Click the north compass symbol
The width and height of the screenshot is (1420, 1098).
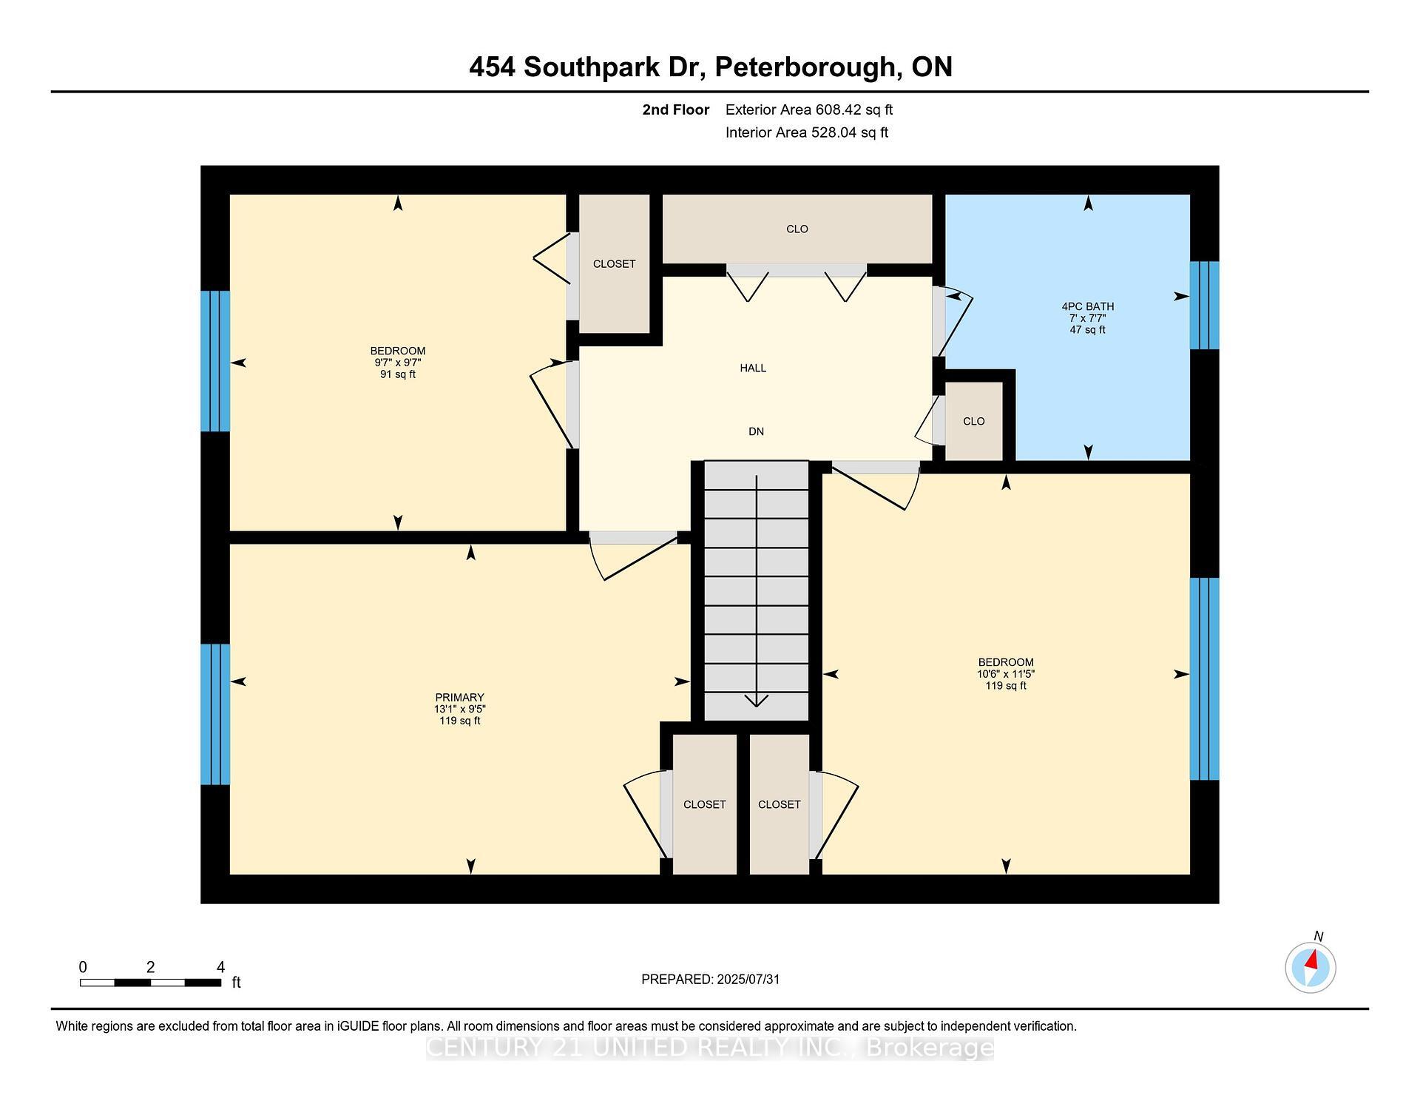pyautogui.click(x=1311, y=967)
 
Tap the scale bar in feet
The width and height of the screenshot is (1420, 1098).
pyautogui.click(x=150, y=983)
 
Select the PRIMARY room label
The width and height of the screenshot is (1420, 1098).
pyautogui.click(x=459, y=697)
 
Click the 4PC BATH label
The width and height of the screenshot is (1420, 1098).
pyautogui.click(x=1087, y=306)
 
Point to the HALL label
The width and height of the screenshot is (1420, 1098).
pyautogui.click(x=753, y=368)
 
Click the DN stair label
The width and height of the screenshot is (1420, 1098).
pyautogui.click(x=756, y=431)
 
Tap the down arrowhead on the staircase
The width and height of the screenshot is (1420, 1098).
pyautogui.click(x=756, y=700)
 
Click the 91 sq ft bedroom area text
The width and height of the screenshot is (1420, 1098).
pyautogui.click(x=398, y=374)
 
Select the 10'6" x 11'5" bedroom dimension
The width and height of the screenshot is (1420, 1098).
pyautogui.click(x=1006, y=674)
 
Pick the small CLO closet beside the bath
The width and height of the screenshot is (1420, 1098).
pyautogui.click(x=974, y=421)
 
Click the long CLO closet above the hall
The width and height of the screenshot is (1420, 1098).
pyautogui.click(x=797, y=229)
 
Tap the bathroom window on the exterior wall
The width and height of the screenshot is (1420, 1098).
pyautogui.click(x=1204, y=305)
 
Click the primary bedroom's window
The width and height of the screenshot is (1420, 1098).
pyautogui.click(x=215, y=714)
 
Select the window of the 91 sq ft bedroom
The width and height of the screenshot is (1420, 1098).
pyautogui.click(x=215, y=361)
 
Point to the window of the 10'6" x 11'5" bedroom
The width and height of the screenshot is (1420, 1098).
pyautogui.click(x=1204, y=678)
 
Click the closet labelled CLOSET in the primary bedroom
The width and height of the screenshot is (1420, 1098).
pyautogui.click(x=704, y=804)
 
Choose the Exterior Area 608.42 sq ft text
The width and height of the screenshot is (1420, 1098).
pyautogui.click(x=809, y=110)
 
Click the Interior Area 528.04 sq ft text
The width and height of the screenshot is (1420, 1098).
pyautogui.click(x=807, y=132)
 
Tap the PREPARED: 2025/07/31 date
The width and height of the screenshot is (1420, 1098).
pyautogui.click(x=710, y=979)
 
